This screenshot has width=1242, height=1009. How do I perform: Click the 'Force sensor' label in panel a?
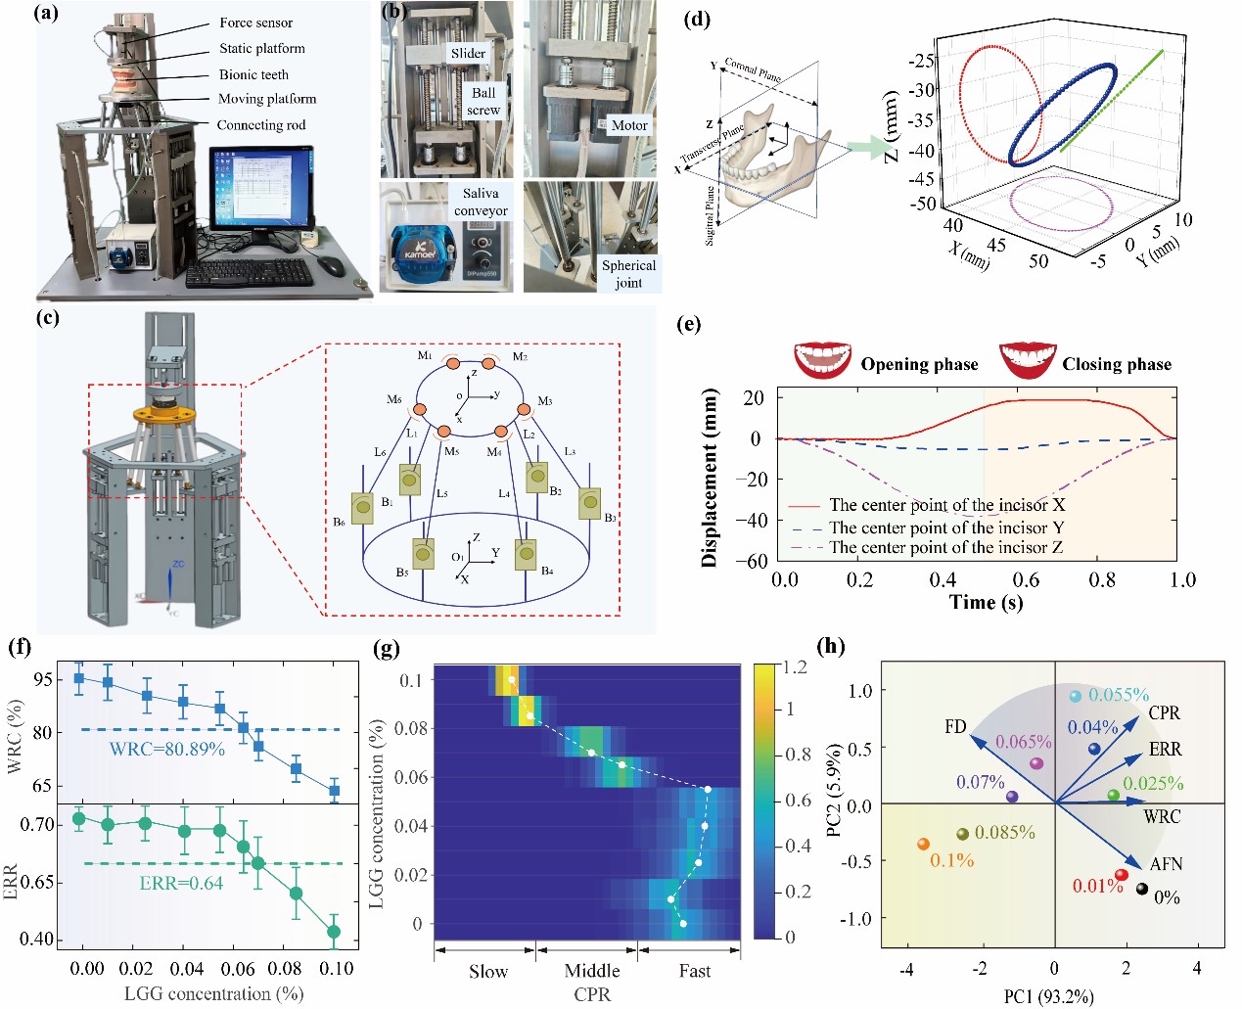pos(255,23)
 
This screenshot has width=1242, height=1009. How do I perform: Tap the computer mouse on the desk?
pos(332,266)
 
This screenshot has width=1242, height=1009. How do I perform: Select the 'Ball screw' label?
pos(483,102)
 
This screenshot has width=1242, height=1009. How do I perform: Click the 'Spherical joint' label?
pos(628,274)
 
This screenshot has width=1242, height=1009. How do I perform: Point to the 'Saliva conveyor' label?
pos(481,202)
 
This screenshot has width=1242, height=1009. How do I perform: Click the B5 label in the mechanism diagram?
pos(402,573)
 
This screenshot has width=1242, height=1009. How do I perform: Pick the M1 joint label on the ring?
pos(425,355)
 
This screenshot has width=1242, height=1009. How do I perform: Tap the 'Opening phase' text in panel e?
pos(919,364)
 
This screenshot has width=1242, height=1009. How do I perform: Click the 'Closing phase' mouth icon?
pos(1027,360)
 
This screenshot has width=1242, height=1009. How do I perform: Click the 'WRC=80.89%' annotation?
pos(166,749)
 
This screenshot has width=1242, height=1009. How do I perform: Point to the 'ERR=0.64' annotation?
pos(181,883)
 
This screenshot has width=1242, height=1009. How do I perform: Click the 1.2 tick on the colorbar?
pos(795,666)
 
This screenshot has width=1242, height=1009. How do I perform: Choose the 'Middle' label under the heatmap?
pos(592,971)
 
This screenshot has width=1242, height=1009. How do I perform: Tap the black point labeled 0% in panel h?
pos(1141,889)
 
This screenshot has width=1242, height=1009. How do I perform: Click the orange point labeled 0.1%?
pos(923,844)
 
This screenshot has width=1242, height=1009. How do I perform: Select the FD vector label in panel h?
pos(955,726)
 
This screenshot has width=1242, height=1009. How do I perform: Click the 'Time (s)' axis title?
pos(986,602)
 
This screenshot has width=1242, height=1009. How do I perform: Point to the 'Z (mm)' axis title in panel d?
pos(892,126)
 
